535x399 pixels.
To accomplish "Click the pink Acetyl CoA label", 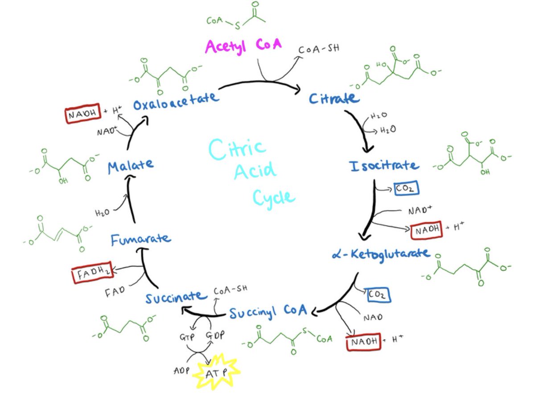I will pos(243,46).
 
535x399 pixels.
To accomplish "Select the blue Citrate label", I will pos(334,98).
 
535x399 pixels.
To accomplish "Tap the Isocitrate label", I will pos(384,166).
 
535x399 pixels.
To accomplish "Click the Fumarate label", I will pos(141,240).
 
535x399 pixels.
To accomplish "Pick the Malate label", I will pos(130,166).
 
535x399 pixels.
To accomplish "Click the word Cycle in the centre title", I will pos(273,197).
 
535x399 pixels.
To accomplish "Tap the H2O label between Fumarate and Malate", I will pos(102,212).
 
